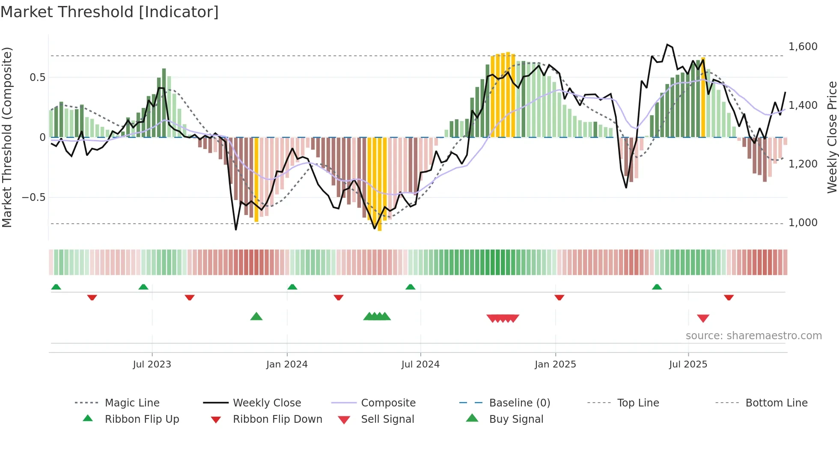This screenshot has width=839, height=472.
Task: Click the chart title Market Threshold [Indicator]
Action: point(110,12)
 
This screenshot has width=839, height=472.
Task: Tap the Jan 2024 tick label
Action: point(287,364)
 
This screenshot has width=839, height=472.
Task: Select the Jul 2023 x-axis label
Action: point(152,364)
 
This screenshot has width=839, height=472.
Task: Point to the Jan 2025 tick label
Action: point(555,364)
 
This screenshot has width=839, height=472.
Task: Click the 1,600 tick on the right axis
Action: point(803,47)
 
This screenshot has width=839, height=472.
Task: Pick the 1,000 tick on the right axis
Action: point(803,223)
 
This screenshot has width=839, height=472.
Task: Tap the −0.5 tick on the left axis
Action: point(33,197)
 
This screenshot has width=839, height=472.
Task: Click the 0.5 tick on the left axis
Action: point(37,78)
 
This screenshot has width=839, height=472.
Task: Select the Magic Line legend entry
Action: point(132,403)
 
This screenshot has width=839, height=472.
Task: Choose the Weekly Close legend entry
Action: point(267,403)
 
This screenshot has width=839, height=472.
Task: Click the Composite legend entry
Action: point(388,403)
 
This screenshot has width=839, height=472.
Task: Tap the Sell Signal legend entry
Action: point(387,419)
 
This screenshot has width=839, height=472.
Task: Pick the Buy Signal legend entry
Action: point(516,419)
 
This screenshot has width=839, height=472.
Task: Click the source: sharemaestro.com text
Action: point(753,336)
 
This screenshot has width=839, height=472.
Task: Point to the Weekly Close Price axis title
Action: point(832,137)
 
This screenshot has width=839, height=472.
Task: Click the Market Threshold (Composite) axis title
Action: point(7,137)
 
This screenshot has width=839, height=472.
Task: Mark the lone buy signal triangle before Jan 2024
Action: point(256,317)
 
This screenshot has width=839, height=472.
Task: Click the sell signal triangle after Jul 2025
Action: point(703,318)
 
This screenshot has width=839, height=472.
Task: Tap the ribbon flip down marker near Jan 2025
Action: point(559,297)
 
